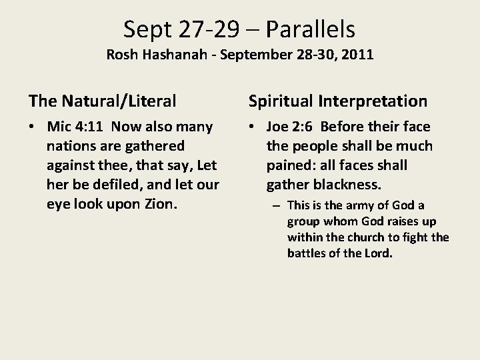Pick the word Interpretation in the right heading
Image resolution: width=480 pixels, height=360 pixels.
pos(374,101)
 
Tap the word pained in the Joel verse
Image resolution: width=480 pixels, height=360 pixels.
pos(288,165)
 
